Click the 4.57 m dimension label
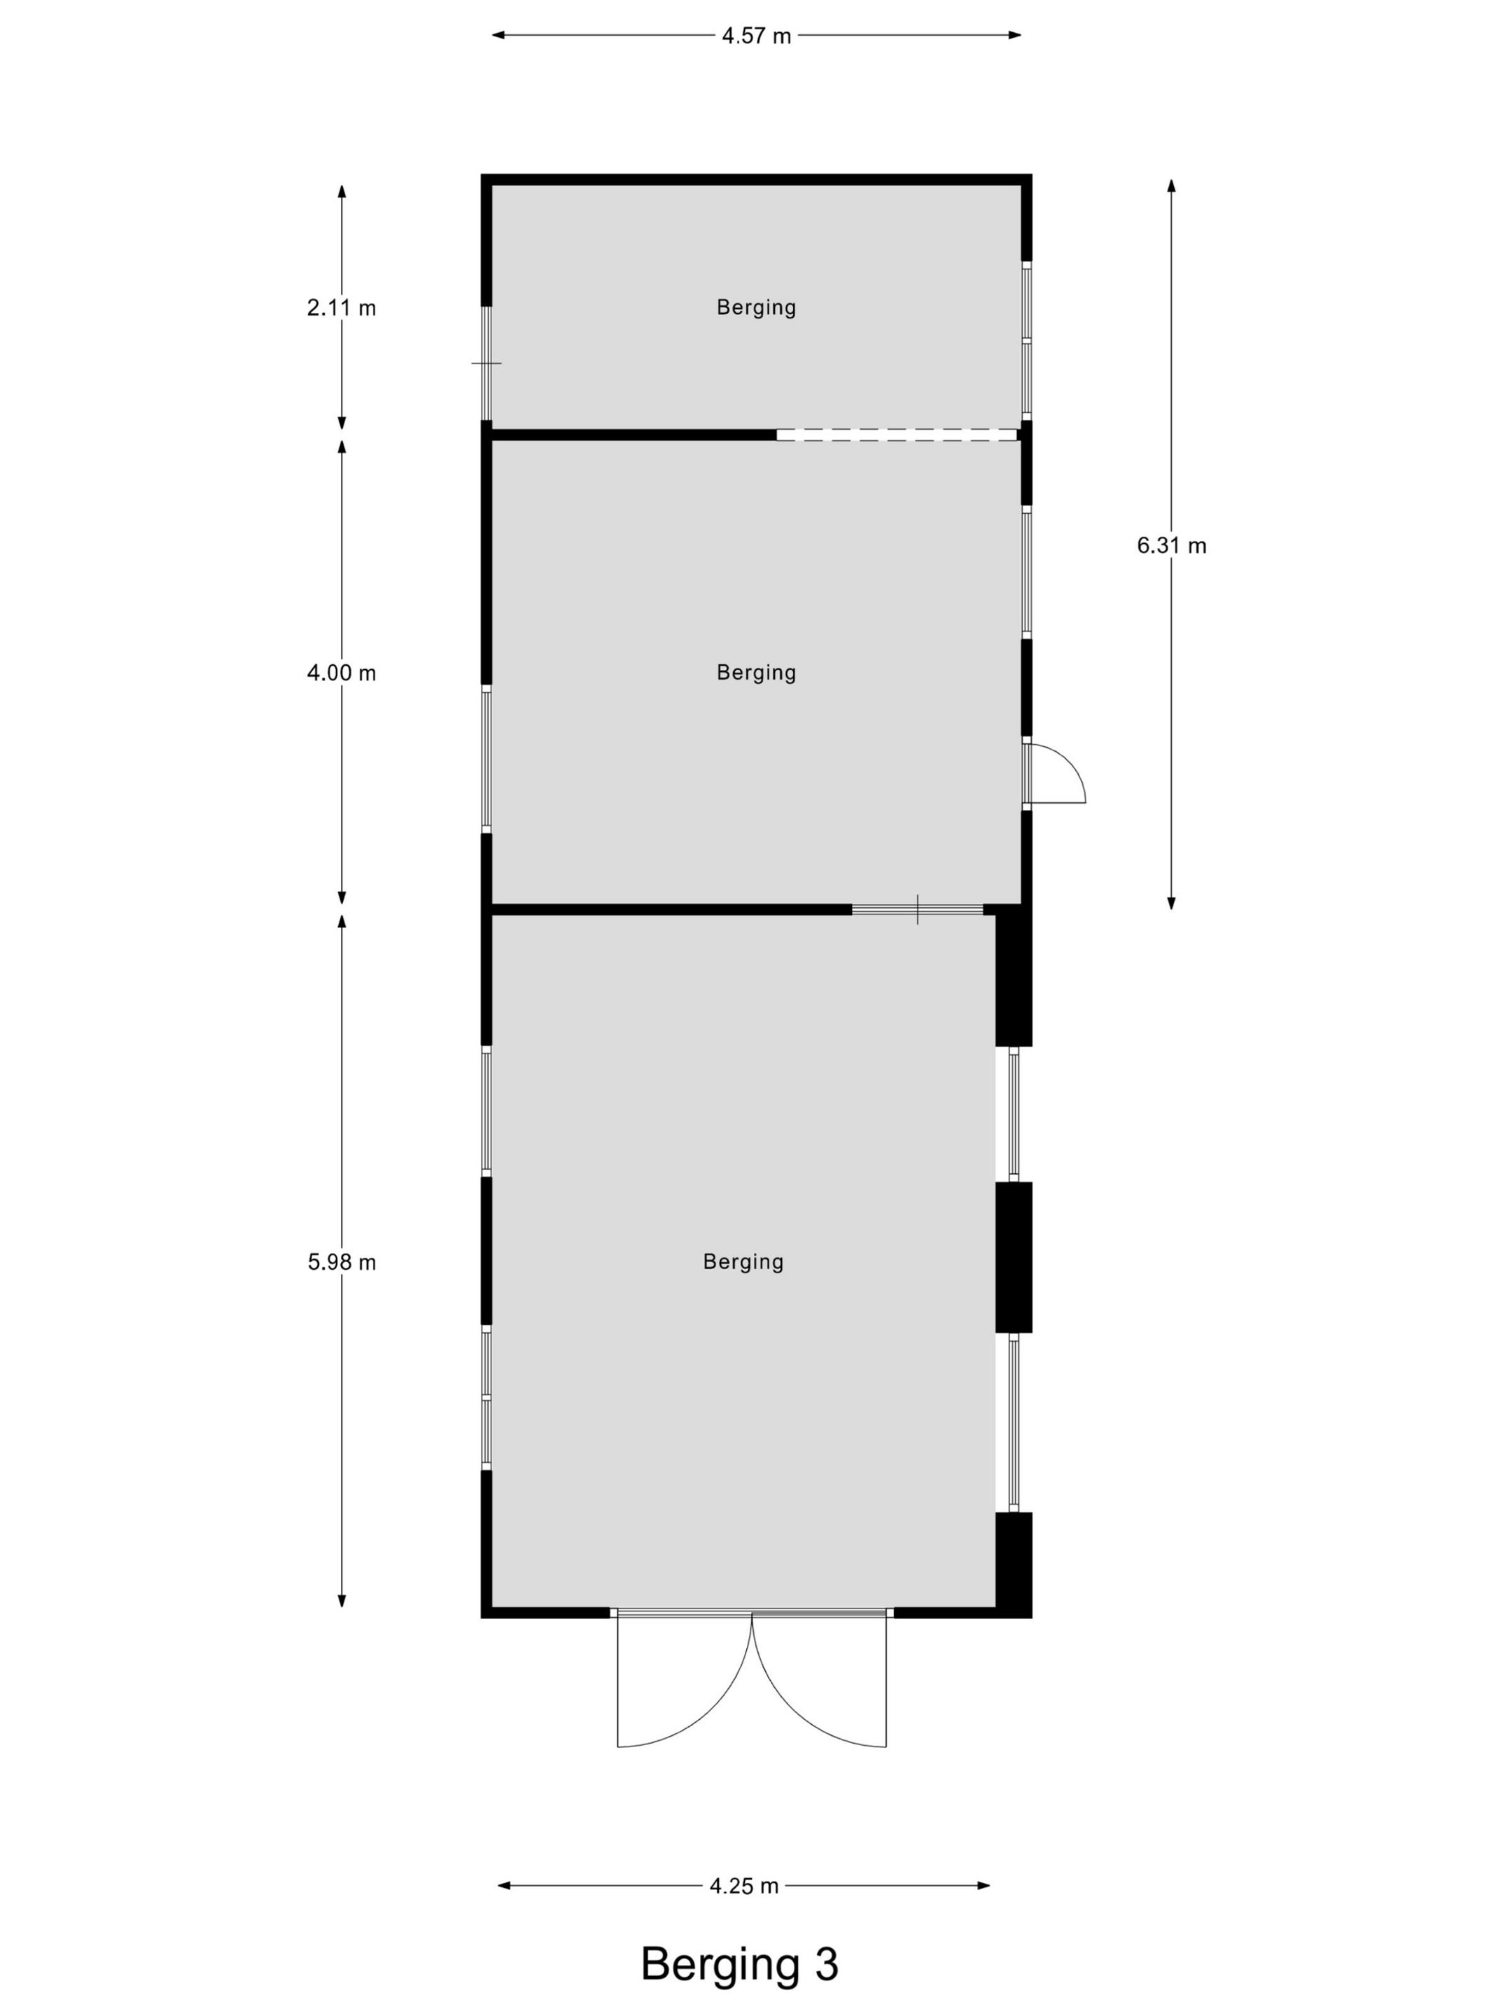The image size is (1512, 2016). pos(755,36)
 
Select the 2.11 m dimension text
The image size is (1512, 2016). pos(341,308)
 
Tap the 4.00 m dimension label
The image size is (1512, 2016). pos(341,673)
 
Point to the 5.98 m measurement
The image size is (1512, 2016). pos(341,1262)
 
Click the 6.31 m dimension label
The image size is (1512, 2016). pos(1171,545)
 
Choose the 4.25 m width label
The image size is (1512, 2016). pos(743,1886)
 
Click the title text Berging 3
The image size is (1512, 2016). pos(739,1964)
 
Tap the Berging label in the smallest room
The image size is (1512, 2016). pos(755,308)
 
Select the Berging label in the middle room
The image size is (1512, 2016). pos(755,673)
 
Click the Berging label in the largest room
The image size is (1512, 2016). pos(743,1262)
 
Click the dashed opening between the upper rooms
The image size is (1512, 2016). pos(897,435)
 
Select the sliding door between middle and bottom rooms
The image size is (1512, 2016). pos(917,909)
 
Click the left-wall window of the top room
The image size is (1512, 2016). pos(486,363)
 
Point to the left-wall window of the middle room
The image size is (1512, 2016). pos(486,758)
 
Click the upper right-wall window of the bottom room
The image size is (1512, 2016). pos(1014,1114)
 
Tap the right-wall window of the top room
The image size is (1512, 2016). pos(1026,341)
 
